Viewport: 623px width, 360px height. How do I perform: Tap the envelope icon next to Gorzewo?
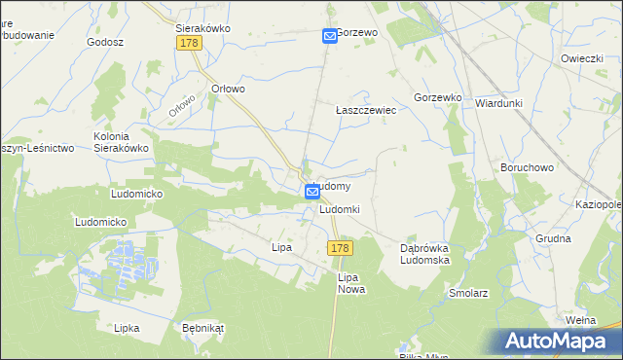[329, 36]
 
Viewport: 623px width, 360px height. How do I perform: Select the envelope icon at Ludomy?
[311, 192]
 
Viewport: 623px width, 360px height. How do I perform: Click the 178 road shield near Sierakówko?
[189, 44]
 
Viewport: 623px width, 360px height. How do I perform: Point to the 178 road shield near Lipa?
[339, 249]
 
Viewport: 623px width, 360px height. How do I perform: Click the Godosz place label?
[105, 43]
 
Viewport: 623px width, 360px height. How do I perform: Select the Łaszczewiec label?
[365, 111]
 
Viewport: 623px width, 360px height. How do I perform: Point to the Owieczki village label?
[582, 58]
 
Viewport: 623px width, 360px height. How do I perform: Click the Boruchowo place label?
[527, 167]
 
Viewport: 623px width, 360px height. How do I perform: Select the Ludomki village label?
[340, 210]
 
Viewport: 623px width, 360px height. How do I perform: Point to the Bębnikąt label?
[202, 328]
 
